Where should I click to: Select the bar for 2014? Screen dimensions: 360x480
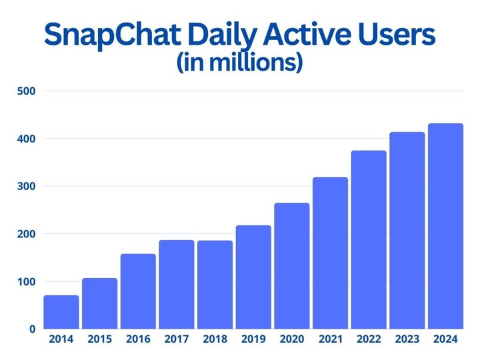61,312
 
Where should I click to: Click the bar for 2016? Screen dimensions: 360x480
139,291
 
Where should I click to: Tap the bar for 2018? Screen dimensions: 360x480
215,285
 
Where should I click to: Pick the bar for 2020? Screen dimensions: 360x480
292,266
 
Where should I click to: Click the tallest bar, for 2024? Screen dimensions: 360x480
445,226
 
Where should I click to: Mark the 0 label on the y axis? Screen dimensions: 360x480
31,329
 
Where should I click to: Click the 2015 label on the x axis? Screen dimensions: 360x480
100,340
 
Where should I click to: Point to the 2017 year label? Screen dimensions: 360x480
177,340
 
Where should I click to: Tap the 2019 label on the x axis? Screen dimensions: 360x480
253,340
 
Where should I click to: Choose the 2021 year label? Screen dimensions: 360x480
330,340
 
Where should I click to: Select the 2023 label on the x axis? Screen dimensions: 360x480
407,340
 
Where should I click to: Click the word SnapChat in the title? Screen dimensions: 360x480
109,35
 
